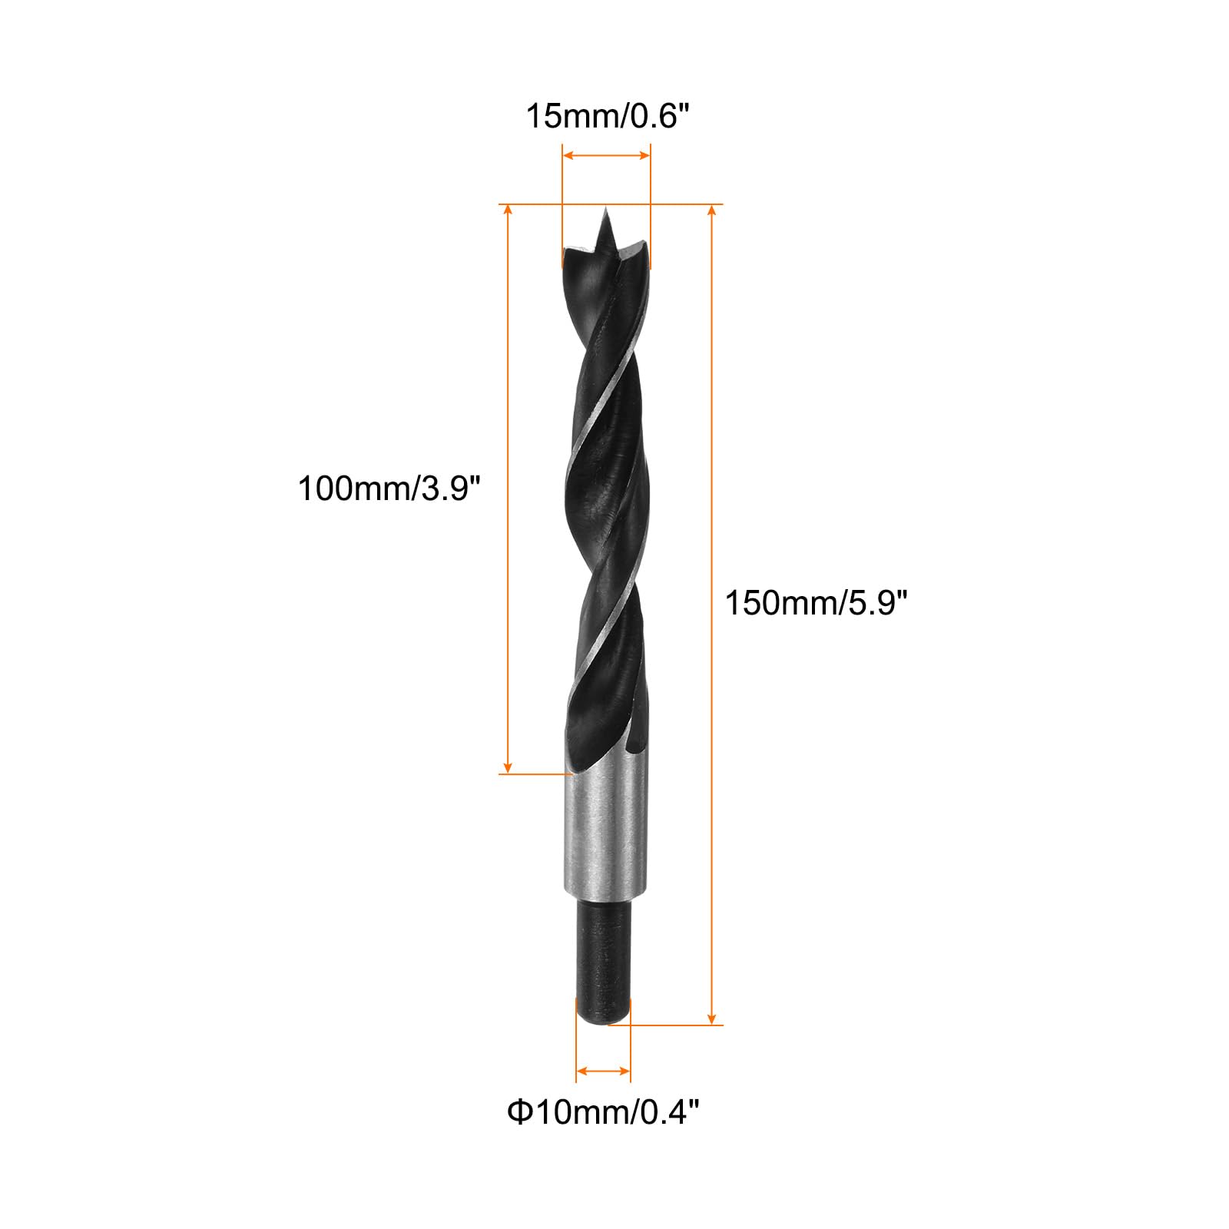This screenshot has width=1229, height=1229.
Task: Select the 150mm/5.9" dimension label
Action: pyautogui.click(x=817, y=603)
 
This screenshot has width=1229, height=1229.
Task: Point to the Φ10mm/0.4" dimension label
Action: pyautogui.click(x=603, y=1111)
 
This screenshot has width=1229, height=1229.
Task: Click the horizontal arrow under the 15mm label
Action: pyautogui.click(x=606, y=155)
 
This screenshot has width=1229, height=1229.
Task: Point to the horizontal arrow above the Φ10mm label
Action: pyautogui.click(x=603, y=1071)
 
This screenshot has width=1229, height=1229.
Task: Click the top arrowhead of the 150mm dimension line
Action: pyautogui.click(x=712, y=211)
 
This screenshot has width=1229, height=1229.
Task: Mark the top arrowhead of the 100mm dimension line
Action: pyautogui.click(x=508, y=211)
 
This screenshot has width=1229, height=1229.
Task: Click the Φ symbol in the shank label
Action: pyautogui.click(x=520, y=1111)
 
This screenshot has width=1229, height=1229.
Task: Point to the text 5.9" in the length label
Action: pyautogui.click(x=878, y=603)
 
